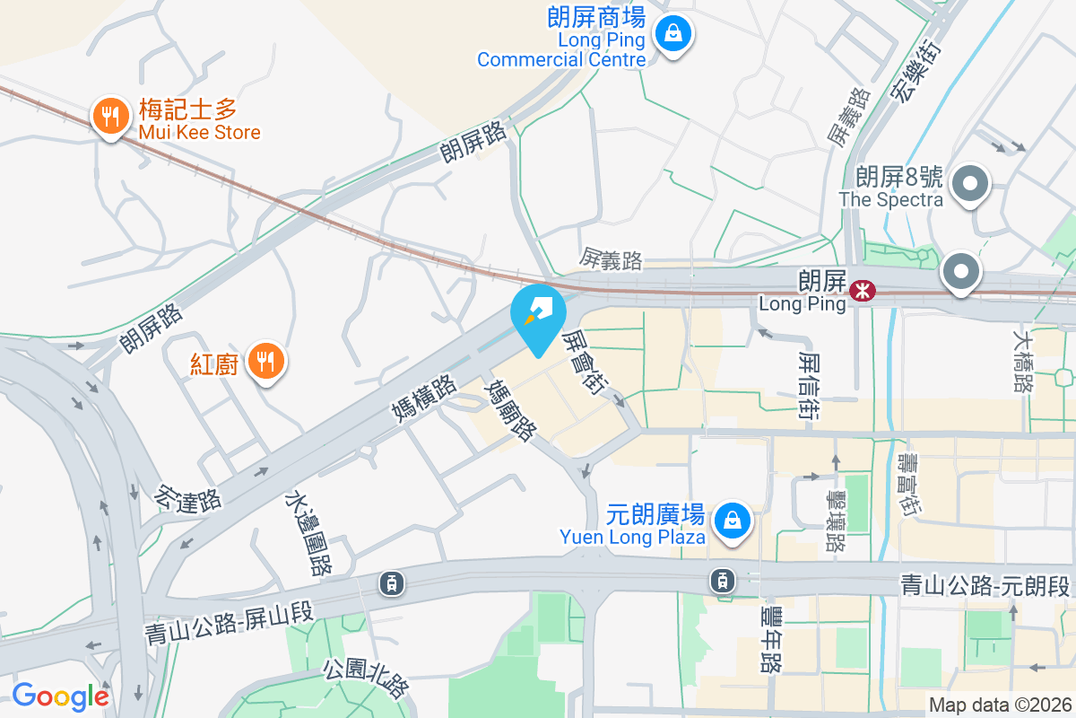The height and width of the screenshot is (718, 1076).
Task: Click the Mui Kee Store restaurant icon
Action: (109, 117)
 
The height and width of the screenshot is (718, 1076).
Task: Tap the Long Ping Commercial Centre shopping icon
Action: (672, 36)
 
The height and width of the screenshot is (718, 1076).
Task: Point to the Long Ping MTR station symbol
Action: (863, 290)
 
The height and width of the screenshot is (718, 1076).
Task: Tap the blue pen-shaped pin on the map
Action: (538, 314)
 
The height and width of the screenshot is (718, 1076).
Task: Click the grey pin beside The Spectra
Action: (969, 186)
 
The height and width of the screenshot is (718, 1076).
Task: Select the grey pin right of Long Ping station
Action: (961, 272)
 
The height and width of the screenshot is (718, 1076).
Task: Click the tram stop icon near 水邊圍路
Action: (392, 583)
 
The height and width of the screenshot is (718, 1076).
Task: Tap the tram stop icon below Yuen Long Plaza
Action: (722, 581)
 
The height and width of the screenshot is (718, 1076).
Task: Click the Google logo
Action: (60, 696)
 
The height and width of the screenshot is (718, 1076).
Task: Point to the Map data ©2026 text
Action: (999, 705)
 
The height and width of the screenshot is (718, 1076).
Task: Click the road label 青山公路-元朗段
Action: (985, 587)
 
